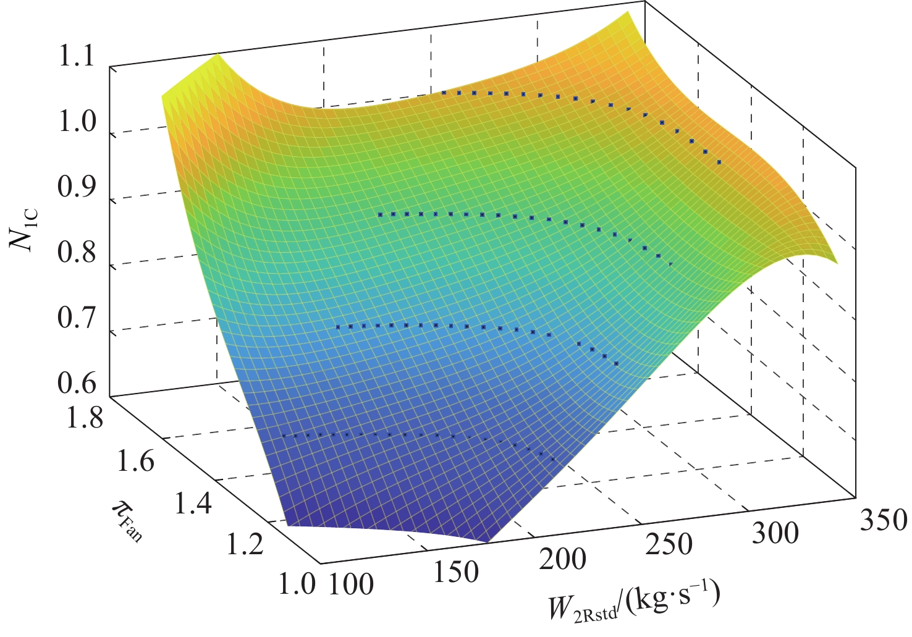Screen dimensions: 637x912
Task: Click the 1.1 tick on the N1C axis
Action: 76,58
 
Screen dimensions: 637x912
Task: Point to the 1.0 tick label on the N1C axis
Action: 76,124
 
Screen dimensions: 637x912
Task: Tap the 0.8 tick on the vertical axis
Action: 76,254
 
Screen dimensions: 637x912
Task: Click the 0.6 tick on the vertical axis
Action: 76,384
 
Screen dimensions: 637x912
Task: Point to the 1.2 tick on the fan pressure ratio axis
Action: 243,545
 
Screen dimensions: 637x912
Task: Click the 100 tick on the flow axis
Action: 350,584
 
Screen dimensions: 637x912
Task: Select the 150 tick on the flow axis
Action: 455,573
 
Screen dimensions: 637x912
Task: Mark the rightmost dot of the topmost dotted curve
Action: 719,162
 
